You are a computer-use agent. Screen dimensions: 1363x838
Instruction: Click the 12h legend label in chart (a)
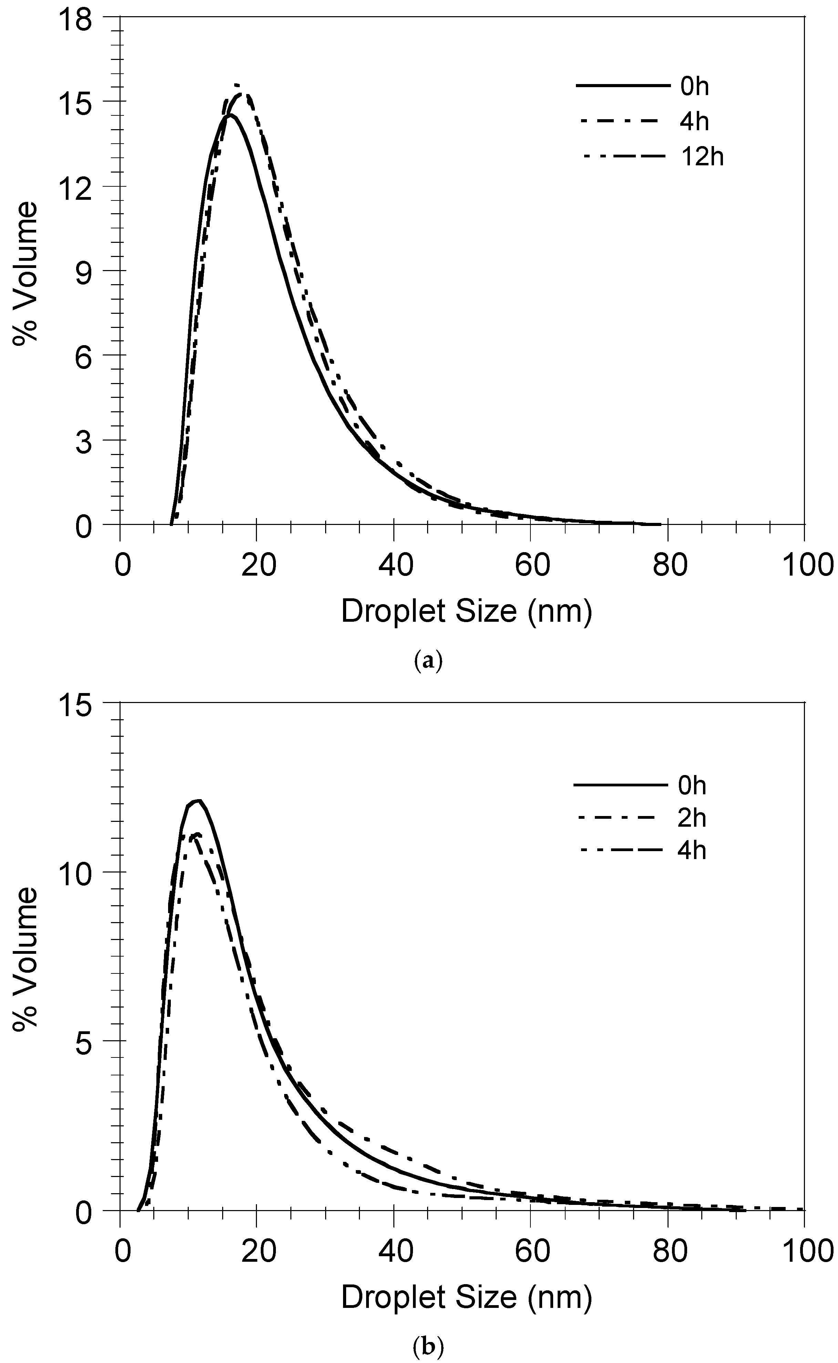702,157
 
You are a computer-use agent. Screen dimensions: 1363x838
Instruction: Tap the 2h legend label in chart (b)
692,818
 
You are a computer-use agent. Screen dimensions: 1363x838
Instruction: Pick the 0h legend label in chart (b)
692,786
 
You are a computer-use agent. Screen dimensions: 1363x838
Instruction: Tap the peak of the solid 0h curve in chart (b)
197,800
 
